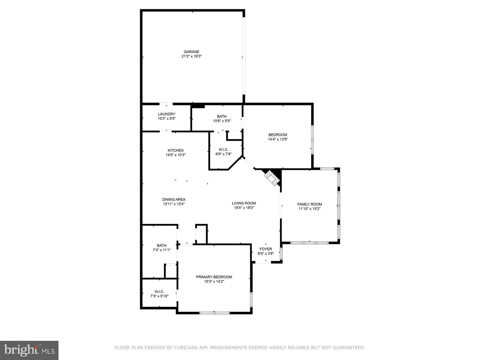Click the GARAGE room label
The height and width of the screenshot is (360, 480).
click(x=191, y=52)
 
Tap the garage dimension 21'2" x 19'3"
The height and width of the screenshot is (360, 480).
click(x=191, y=56)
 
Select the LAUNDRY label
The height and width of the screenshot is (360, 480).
click(x=166, y=114)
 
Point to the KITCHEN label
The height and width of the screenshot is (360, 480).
click(x=175, y=150)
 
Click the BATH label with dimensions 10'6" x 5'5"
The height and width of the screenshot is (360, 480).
click(x=222, y=116)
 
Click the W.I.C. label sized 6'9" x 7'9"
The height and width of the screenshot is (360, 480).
click(x=223, y=149)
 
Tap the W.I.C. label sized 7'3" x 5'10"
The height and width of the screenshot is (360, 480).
click(x=159, y=292)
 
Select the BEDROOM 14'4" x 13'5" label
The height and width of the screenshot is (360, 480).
click(x=277, y=135)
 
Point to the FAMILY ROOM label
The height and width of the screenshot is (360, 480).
click(x=310, y=204)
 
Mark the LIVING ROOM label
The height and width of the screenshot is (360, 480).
click(x=244, y=203)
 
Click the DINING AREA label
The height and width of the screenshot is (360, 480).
click(x=174, y=199)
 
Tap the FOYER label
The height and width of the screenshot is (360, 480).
click(x=265, y=249)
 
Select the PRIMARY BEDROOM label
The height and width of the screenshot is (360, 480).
click(x=214, y=277)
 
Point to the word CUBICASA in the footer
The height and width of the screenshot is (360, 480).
click(x=180, y=348)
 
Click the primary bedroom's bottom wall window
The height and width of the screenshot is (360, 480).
click(x=214, y=313)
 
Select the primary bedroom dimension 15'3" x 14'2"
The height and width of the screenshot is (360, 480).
click(x=214, y=281)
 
